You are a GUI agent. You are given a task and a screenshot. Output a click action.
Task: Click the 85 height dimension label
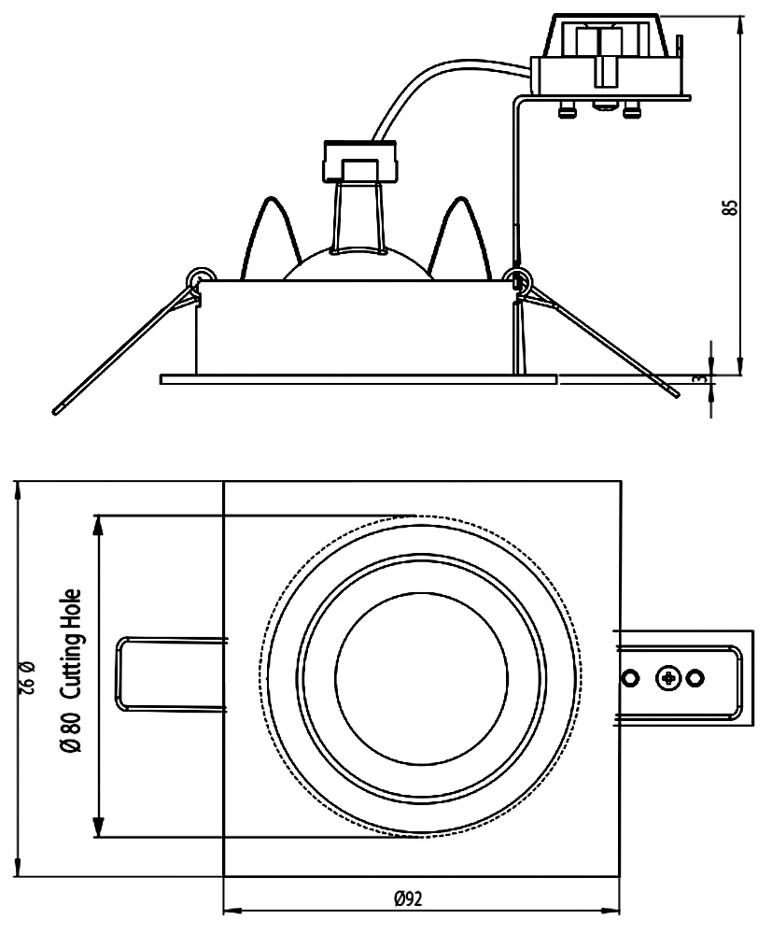730,207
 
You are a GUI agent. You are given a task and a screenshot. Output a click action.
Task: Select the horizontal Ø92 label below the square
408,899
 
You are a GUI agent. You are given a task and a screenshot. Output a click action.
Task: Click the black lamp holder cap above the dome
360,161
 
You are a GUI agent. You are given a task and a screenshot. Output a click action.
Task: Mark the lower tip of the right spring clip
676,396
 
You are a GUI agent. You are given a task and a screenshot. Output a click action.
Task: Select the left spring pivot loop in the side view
198,278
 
